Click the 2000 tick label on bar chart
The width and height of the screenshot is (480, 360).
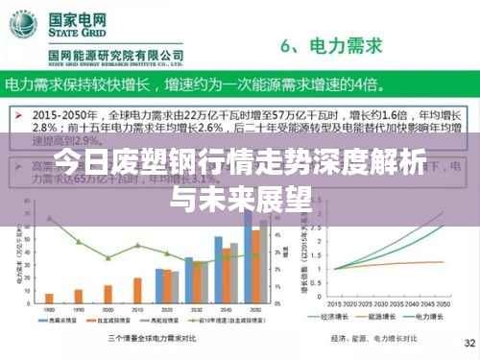[106, 309]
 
